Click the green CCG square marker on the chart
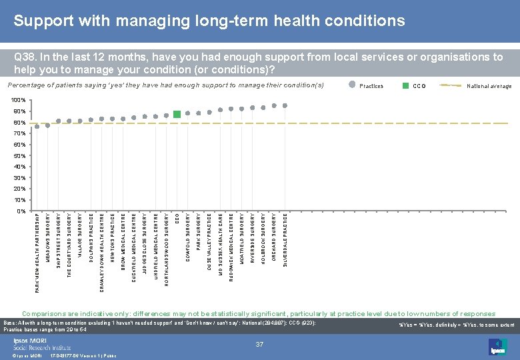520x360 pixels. point(177,115)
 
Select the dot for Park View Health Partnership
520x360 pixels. point(37,127)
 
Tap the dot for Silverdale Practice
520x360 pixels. point(285,105)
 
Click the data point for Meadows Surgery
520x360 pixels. point(48,125)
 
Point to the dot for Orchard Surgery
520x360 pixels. point(274,105)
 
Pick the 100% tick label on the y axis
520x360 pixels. point(19,100)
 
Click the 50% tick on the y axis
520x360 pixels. point(20,155)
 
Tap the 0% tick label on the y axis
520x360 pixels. point(22,211)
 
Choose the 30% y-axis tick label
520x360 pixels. point(20,177)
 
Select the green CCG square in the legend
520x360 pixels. point(405,85)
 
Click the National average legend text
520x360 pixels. point(489,86)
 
